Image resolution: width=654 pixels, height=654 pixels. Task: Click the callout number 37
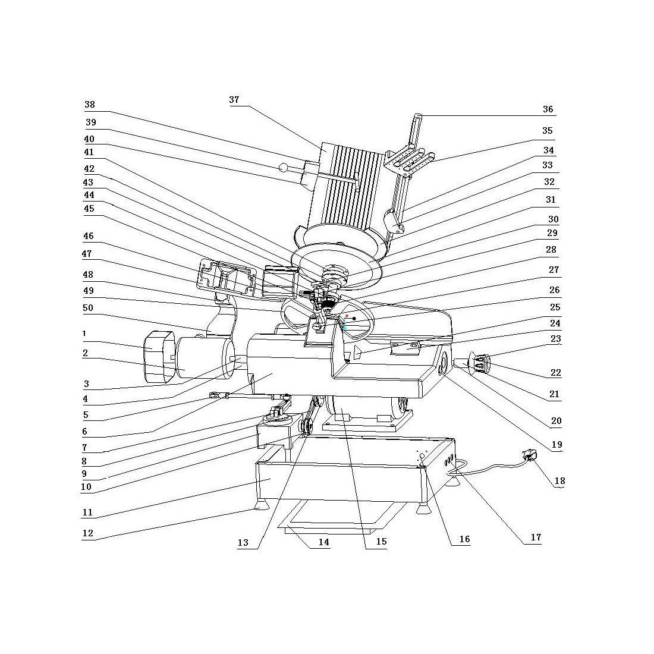[x=234, y=100]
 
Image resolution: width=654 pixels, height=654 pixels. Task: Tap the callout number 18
[x=559, y=481]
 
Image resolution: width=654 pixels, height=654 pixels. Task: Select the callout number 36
[x=548, y=109]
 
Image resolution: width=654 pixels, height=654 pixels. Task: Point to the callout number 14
[x=323, y=542]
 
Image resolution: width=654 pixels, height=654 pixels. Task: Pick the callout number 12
[x=88, y=533]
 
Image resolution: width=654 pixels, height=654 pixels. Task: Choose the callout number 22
[x=555, y=373]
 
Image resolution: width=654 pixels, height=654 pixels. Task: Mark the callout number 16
[x=464, y=539]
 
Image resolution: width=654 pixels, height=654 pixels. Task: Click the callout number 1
[x=86, y=334]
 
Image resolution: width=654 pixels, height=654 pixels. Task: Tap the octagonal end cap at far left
[x=157, y=357]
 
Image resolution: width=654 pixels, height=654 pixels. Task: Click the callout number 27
[x=554, y=270]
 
